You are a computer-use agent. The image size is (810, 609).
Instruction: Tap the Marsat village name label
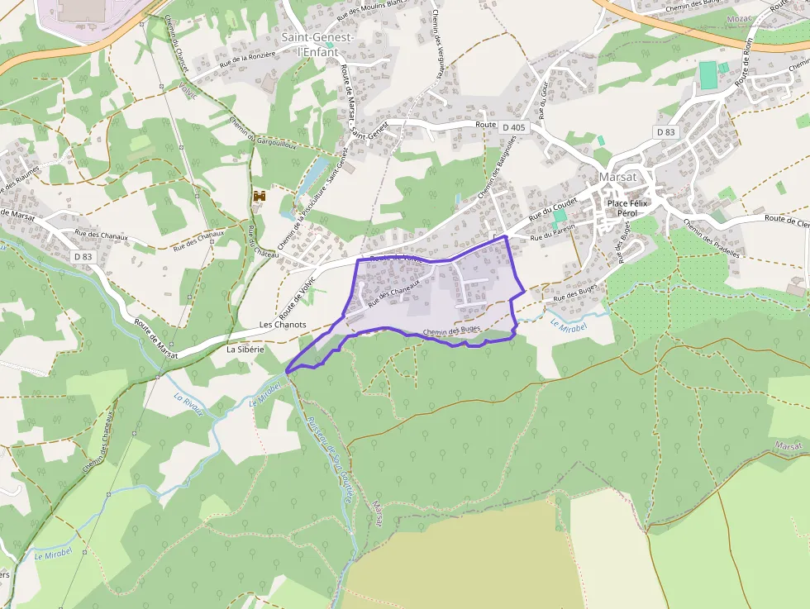[617, 176]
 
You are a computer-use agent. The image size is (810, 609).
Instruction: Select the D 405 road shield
[513, 127]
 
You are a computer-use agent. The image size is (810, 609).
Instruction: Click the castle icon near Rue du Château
[260, 197]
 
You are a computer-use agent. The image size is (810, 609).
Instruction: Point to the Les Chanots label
[283, 325]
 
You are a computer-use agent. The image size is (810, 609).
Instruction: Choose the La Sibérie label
[245, 350]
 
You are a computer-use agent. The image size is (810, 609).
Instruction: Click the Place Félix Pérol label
[629, 207]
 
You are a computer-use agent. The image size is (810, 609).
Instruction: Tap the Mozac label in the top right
[737, 17]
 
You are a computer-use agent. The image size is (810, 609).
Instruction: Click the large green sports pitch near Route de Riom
[708, 74]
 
